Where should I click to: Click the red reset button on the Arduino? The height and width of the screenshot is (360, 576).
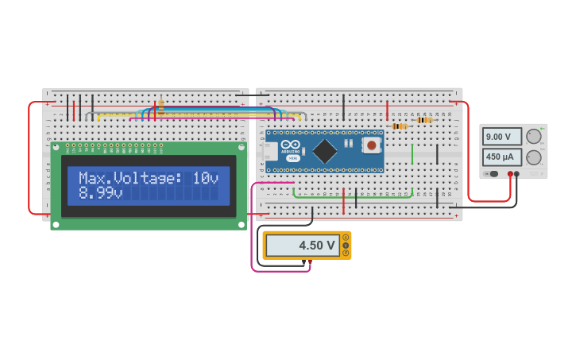pos(371,145)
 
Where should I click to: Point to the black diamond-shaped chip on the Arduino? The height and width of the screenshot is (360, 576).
pos(324,151)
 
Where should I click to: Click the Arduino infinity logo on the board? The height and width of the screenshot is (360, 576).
pos(291,143)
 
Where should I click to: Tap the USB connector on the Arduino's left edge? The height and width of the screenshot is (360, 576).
pos(269,151)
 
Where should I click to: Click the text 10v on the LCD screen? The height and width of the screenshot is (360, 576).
pos(205,179)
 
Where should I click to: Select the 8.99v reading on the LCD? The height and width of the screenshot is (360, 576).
pos(100,193)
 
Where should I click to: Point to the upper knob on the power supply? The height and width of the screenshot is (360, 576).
pos(534,136)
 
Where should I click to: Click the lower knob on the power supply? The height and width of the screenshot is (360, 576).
pos(534,157)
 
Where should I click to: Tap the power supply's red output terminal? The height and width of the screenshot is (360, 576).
pos(510,174)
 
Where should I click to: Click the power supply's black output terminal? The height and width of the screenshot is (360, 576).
pos(517,174)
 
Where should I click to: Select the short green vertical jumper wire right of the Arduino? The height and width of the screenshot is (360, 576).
pos(412,153)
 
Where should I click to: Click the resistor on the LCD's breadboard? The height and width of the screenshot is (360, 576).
pos(160,105)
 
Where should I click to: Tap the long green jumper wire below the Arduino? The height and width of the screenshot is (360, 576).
pos(350,196)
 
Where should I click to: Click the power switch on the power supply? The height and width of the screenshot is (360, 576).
pos(492,174)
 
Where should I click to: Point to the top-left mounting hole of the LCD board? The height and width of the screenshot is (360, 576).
pos(56,147)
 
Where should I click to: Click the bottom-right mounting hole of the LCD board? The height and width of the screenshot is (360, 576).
pos(242,225)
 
